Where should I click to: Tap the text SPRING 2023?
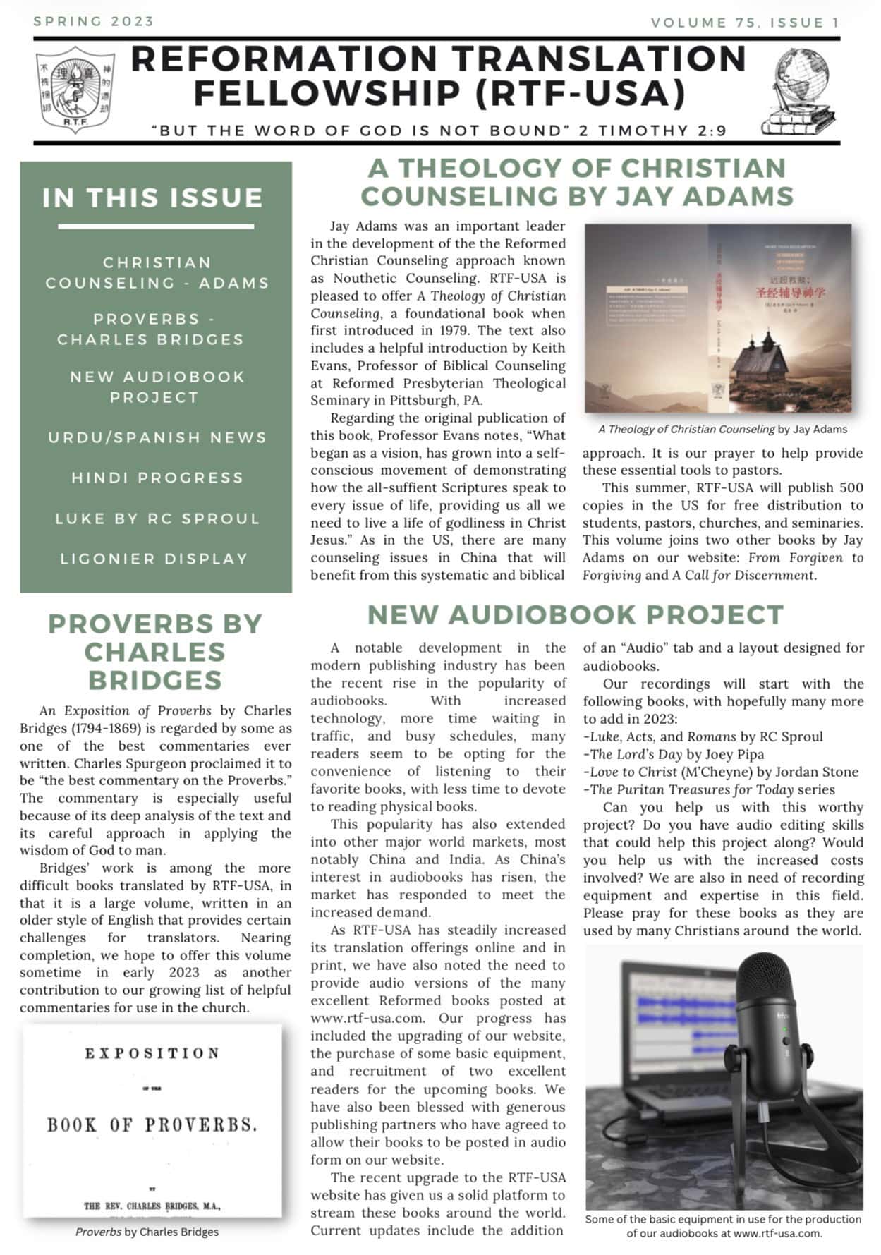tap(94, 21)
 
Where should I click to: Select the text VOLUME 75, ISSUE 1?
tap(745, 23)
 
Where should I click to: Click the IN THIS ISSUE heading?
tap(152, 198)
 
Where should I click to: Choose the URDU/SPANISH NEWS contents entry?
tap(157, 437)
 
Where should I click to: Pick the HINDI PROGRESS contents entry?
tap(157, 478)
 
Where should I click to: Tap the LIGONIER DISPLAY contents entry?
tap(154, 559)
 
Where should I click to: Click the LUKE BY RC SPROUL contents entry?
tap(157, 519)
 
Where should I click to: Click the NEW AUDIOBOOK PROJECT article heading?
tap(575, 614)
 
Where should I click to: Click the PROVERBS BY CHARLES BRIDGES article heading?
tap(155, 652)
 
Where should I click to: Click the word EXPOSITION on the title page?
tap(152, 1053)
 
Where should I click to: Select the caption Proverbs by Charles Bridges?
tap(147, 1232)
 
